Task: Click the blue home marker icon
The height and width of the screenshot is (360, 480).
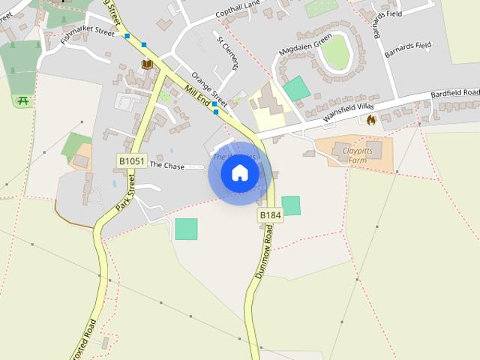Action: pos(240,173)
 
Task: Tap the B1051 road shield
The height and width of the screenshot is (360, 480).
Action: pos(131,160)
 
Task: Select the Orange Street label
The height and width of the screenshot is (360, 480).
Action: pos(208,88)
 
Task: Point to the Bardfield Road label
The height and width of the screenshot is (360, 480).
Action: pos(455,94)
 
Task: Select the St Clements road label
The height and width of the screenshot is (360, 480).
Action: pos(227,52)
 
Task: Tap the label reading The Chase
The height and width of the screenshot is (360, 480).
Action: pos(166,164)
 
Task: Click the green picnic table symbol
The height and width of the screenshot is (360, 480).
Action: pos(22,100)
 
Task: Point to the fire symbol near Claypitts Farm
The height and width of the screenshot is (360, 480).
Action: pos(370,120)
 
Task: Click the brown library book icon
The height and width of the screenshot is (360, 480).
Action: pos(147,64)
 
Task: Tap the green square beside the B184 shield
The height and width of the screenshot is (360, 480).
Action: pos(291,205)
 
